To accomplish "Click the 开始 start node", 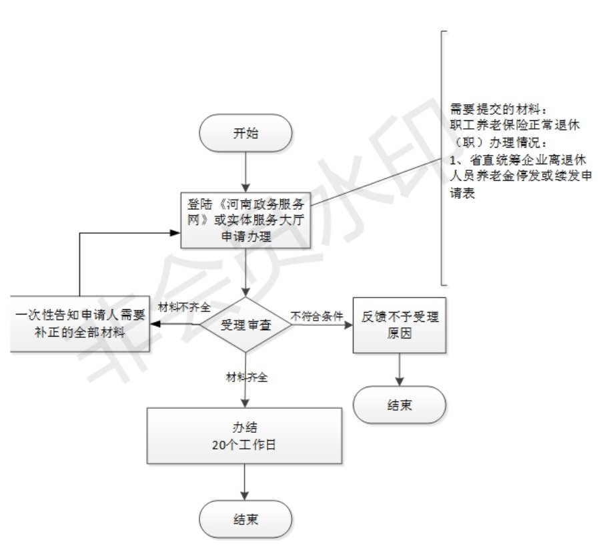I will click(x=245, y=133).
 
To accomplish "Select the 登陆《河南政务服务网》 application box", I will click(x=247, y=218).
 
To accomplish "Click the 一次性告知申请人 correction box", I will click(x=79, y=325).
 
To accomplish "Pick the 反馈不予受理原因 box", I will click(x=398, y=325).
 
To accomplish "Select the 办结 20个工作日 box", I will click(x=245, y=435).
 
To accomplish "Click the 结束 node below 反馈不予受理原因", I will click(x=398, y=405).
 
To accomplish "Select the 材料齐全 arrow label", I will click(x=247, y=377).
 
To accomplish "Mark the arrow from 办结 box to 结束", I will click(x=246, y=483).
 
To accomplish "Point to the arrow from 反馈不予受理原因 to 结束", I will click(x=398, y=369).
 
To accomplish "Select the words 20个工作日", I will click(x=245, y=443).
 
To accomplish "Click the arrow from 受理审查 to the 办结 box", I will click(x=247, y=394).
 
